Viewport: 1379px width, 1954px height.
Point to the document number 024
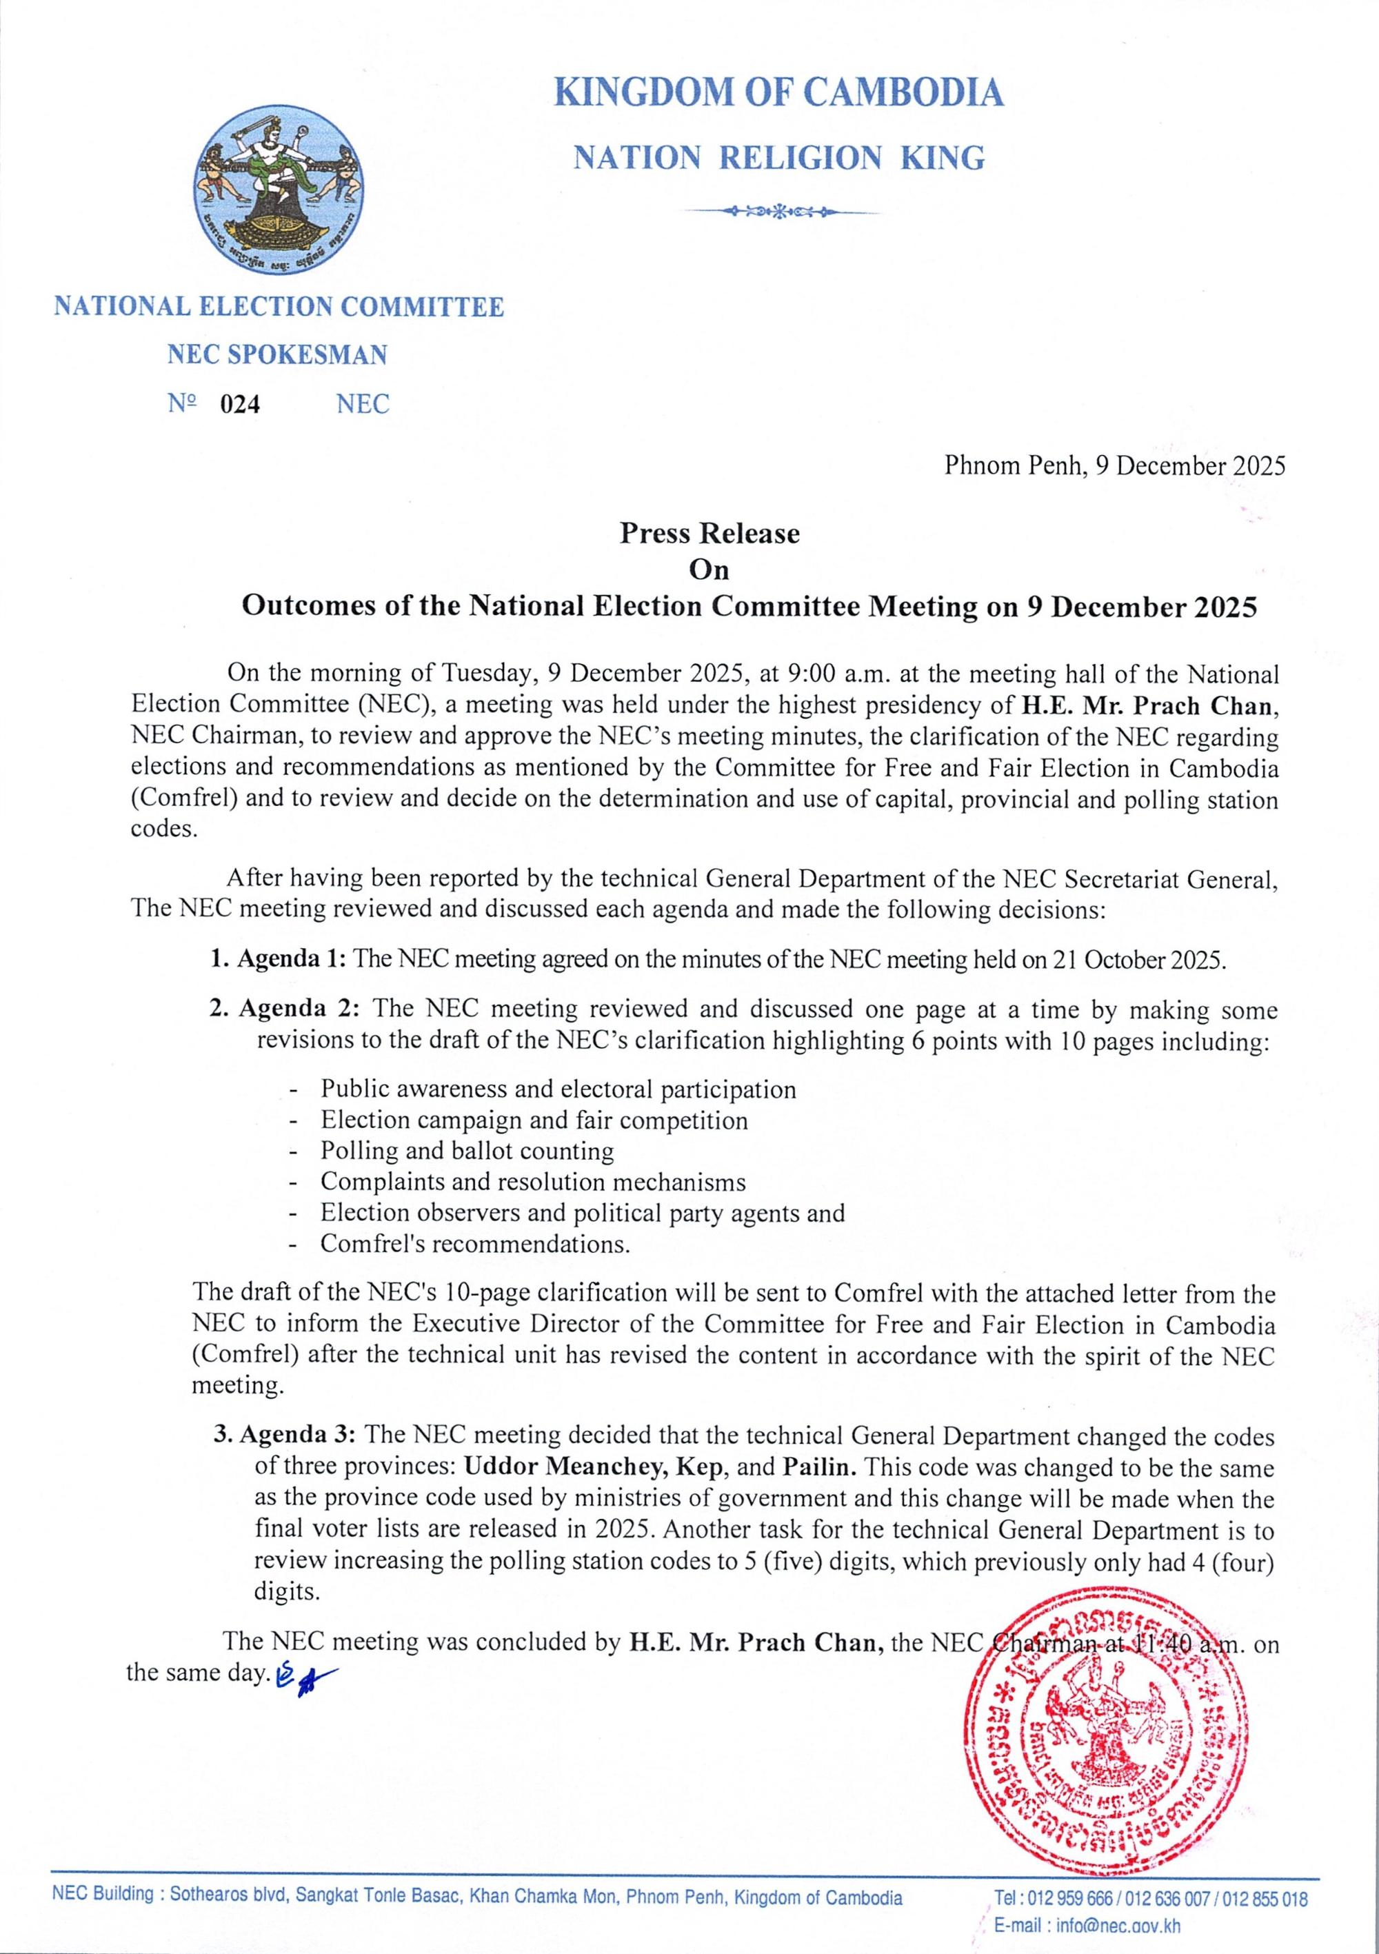coord(240,404)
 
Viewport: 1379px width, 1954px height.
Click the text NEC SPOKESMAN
coord(276,354)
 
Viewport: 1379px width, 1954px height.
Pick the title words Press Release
coord(709,534)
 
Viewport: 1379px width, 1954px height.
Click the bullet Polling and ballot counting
coord(467,1151)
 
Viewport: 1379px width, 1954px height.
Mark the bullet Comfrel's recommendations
coord(475,1245)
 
